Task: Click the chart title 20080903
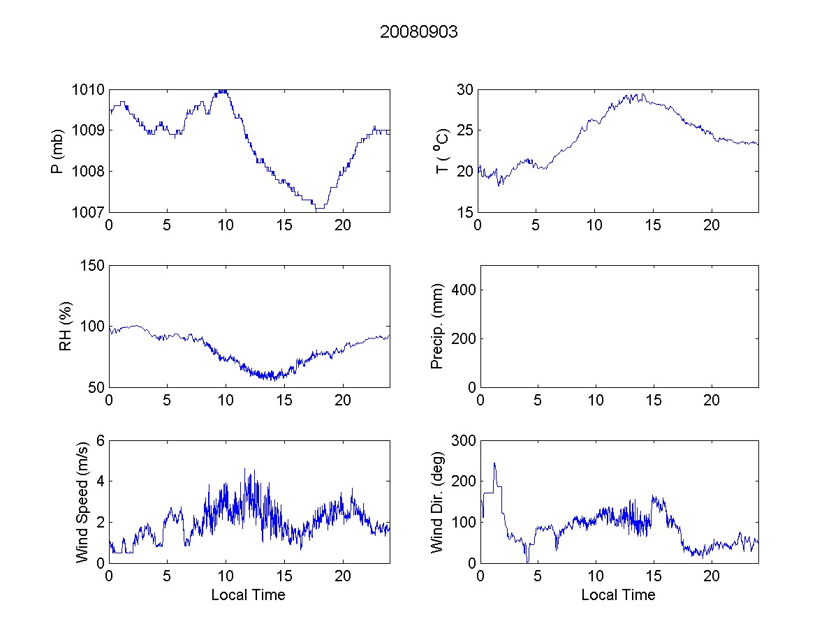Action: [x=419, y=32]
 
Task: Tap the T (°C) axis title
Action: [x=441, y=151]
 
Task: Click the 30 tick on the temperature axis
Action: [x=466, y=90]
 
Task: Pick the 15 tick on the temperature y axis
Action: [x=466, y=212]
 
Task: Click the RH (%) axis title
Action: [x=67, y=326]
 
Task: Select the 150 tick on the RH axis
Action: [x=91, y=266]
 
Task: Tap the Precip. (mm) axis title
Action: [x=438, y=326]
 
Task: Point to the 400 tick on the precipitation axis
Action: [x=463, y=290]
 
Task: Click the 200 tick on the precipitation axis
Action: [x=463, y=338]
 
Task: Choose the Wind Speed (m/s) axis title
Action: [x=82, y=501]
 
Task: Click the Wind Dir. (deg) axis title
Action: [x=438, y=501]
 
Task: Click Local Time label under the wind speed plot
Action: [x=248, y=595]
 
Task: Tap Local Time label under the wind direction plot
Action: [x=618, y=595]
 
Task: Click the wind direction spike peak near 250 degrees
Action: [x=494, y=463]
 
